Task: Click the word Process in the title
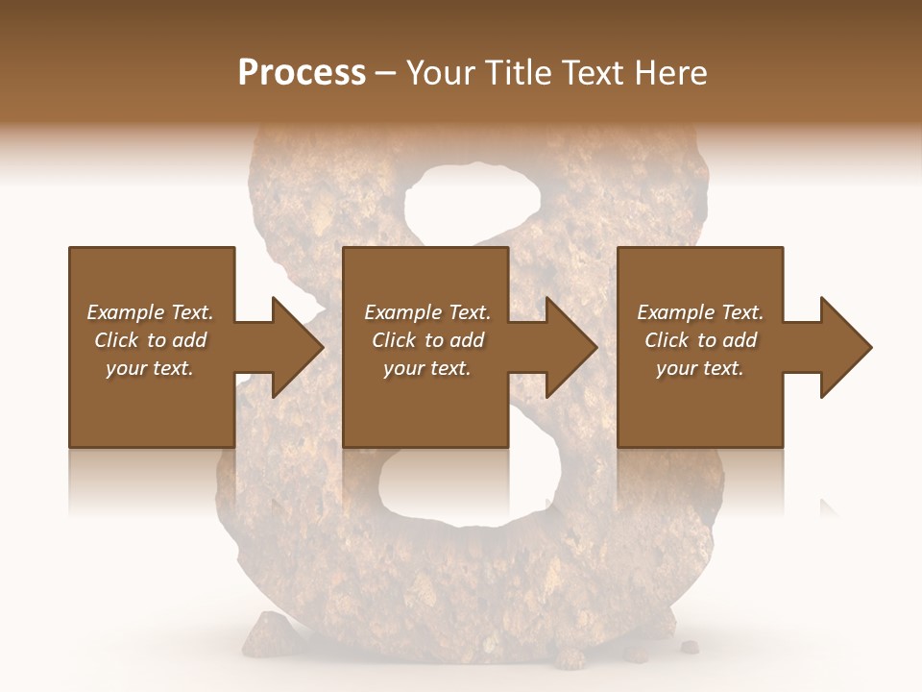[x=302, y=72]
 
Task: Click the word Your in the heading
[x=441, y=72]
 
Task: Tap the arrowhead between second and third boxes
[x=570, y=347]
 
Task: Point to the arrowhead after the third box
[x=844, y=347]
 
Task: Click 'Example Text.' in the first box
[x=150, y=312]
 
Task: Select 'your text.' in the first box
[x=150, y=368]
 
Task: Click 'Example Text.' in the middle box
[x=426, y=312]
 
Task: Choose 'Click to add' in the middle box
[x=426, y=340]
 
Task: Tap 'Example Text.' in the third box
[x=700, y=312]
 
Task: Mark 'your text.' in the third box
[x=700, y=368]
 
